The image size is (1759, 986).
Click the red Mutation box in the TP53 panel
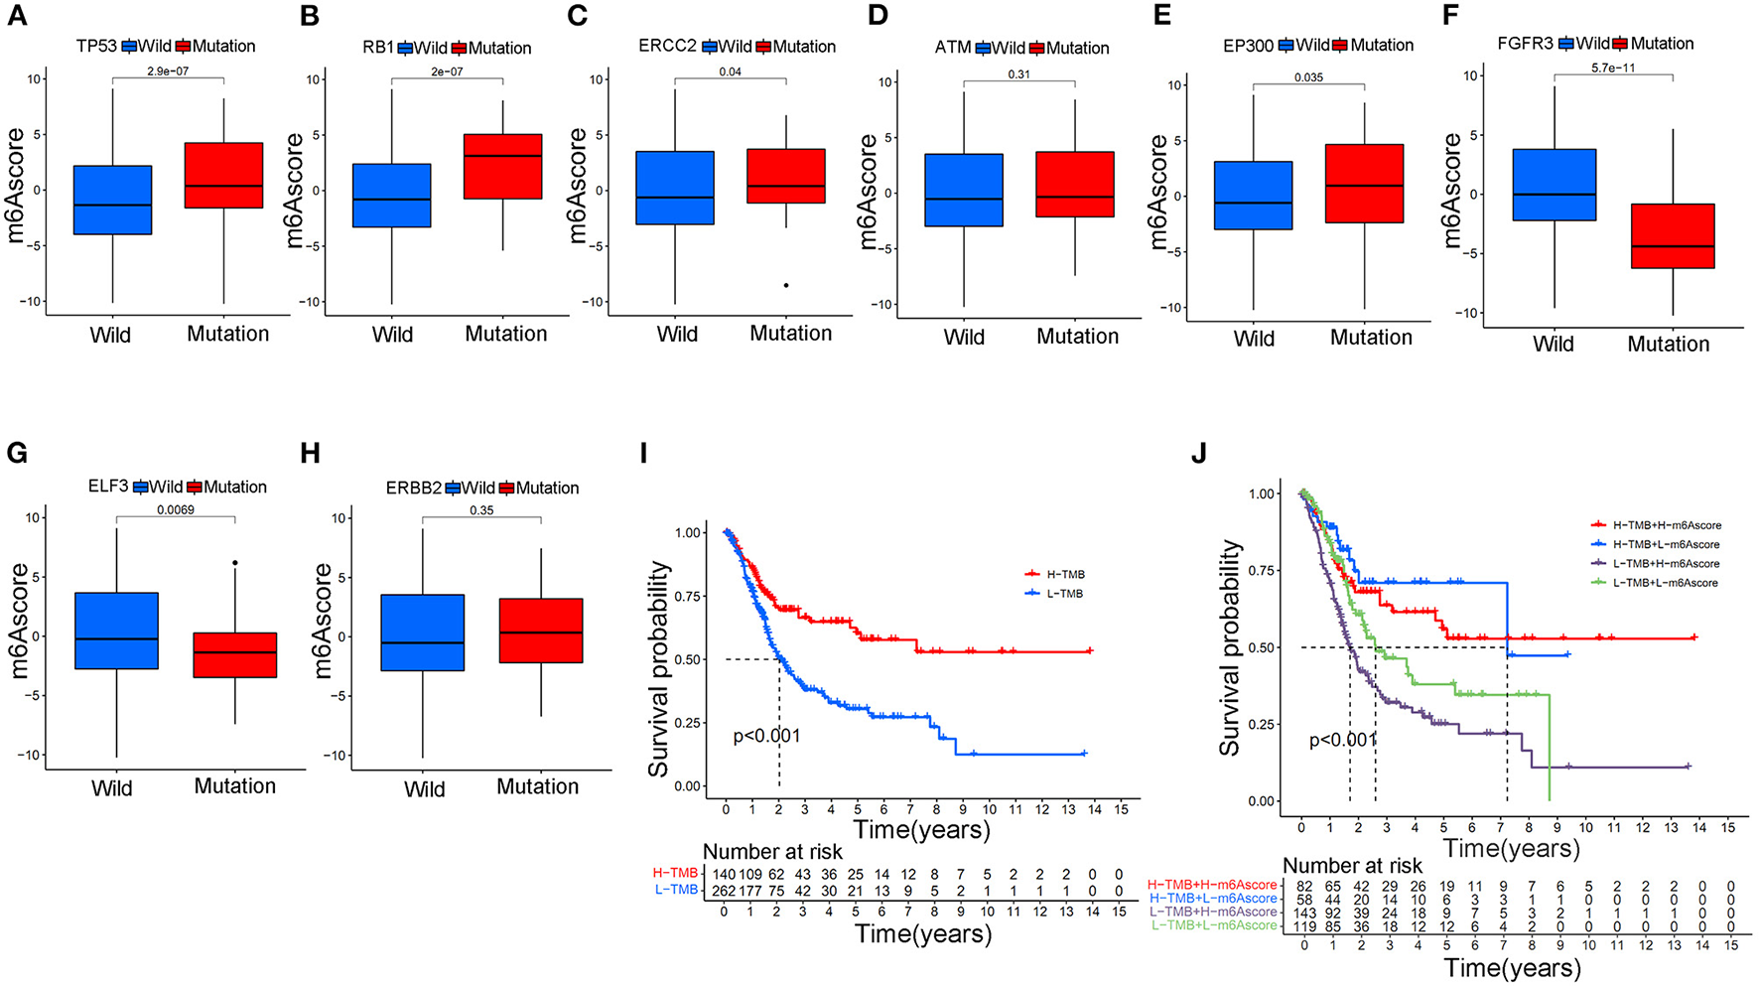[x=224, y=175]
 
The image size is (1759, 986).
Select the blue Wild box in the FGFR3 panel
[x=1554, y=185]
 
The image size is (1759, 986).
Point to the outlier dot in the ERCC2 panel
[x=786, y=285]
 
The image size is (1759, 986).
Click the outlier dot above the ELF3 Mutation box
[x=235, y=563]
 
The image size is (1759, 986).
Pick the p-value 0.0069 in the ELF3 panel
[x=176, y=509]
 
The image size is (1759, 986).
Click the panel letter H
[x=310, y=454]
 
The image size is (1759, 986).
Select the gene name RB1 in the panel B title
[x=378, y=48]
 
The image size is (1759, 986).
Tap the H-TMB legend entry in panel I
[x=1056, y=574]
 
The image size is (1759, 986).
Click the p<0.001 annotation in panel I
[x=766, y=736]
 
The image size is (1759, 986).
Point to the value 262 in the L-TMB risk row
[x=725, y=890]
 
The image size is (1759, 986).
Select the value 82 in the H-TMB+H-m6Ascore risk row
[x=1303, y=885]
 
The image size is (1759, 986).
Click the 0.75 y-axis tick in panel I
[x=687, y=596]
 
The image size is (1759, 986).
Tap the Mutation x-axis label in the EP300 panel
[x=1371, y=338]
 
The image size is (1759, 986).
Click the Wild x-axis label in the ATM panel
[x=964, y=338]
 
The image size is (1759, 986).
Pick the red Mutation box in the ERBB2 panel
[x=541, y=631]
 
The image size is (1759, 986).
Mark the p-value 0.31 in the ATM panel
[x=1019, y=74]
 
